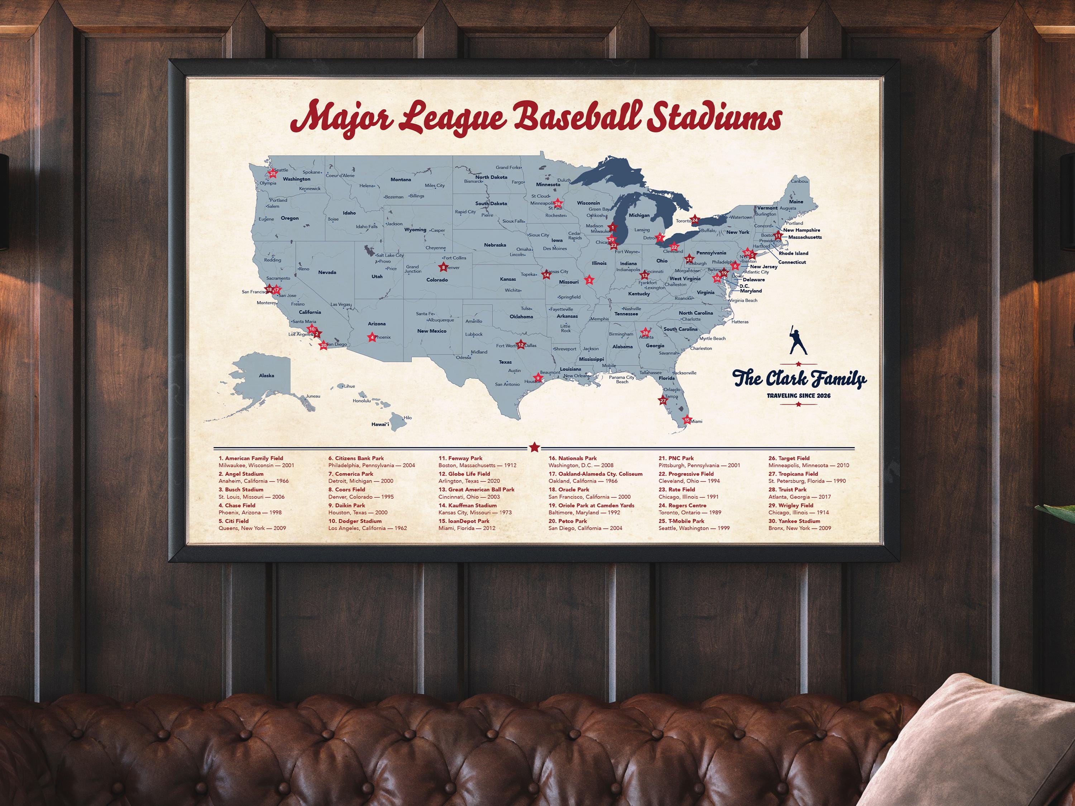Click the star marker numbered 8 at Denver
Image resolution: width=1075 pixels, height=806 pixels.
(443, 267)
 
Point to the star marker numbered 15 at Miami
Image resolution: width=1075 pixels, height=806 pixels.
(687, 420)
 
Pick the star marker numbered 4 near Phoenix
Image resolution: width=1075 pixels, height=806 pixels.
(372, 337)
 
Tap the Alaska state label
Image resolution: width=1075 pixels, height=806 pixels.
(266, 375)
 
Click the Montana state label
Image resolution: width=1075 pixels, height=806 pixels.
(401, 180)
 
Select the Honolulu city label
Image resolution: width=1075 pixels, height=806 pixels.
(362, 401)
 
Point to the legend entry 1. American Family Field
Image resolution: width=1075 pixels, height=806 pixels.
(251, 458)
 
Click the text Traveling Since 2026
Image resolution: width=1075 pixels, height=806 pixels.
(798, 396)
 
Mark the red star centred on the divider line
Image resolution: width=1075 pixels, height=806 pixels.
(534, 446)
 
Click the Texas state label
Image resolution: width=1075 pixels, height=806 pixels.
(505, 362)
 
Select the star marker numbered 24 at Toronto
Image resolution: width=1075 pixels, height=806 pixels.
(694, 220)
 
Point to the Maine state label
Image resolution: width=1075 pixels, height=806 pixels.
(796, 201)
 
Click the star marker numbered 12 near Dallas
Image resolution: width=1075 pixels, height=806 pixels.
(521, 345)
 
